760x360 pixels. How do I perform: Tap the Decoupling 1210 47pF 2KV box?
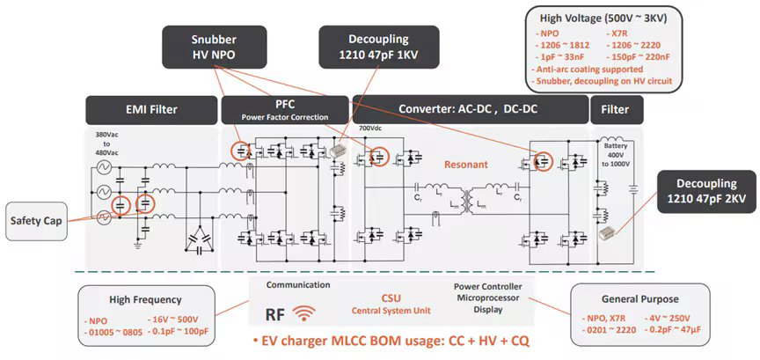pyautogui.click(x=705, y=192)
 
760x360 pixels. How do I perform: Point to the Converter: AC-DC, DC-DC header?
pyautogui.click(x=469, y=110)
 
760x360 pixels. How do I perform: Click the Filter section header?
pyautogui.click(x=616, y=110)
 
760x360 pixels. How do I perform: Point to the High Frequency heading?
pyautogui.click(x=145, y=299)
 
